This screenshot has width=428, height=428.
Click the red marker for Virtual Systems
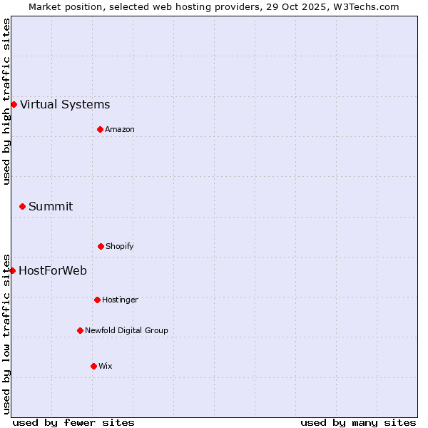[14, 105]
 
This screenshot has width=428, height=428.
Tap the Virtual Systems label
[65, 105]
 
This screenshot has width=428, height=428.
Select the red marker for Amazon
[100, 129]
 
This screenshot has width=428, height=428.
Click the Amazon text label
[120, 129]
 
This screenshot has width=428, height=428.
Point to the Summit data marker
[22, 207]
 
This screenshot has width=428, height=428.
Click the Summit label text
[51, 207]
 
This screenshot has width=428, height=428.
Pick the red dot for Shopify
[101, 246]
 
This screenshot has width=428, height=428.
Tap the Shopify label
[120, 246]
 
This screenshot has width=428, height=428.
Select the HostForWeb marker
[12, 270]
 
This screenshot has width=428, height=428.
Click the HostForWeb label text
[53, 270]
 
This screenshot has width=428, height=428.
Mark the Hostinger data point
[97, 300]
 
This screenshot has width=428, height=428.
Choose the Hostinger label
[120, 300]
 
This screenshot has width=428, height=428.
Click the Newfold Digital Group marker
[80, 330]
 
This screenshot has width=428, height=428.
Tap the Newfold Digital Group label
[126, 330]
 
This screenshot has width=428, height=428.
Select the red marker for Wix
[93, 366]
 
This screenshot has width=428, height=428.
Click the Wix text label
[106, 366]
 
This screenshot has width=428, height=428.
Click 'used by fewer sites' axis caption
[73, 422]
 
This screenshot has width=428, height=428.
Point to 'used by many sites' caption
[358, 422]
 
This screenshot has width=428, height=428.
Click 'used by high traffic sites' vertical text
[6, 101]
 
